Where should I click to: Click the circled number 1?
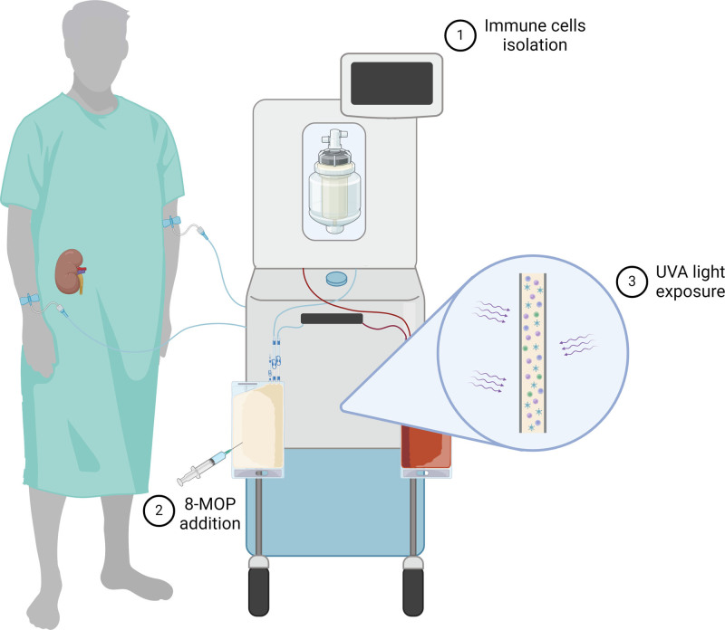(x=459, y=34)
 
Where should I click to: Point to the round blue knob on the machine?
(x=337, y=278)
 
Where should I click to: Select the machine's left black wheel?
(x=260, y=589)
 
